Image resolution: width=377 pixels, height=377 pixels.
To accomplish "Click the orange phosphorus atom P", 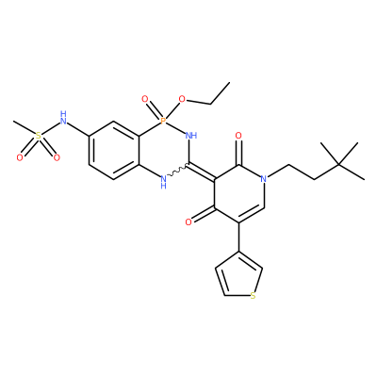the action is pos(163,121).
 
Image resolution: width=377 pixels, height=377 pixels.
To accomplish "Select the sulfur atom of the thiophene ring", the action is pos(253,296).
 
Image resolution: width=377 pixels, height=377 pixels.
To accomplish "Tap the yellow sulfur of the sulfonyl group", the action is pos(39,136).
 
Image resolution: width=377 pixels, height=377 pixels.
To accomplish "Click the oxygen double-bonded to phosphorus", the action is pos(145,100).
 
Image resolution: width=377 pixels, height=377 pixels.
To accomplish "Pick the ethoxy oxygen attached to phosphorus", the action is pos(182,100).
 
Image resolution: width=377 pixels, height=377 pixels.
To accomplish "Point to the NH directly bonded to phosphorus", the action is pos(191,136).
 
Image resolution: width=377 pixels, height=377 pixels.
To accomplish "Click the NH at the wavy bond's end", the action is pos(163,182).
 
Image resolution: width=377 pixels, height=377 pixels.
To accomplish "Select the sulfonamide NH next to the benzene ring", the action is pos(63,118).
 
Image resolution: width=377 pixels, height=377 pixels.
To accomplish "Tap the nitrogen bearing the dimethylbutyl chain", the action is pos(264,179).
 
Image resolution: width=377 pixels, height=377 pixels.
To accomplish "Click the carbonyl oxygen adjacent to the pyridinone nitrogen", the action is pos(238,136).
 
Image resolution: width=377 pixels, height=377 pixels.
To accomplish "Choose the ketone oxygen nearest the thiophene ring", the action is pos(188,222).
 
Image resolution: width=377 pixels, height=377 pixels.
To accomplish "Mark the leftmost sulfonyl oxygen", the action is pos(20,157).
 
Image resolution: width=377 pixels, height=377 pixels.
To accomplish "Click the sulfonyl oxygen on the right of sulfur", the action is pos(57,157).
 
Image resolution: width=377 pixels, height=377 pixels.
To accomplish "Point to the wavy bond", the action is pos(178,170).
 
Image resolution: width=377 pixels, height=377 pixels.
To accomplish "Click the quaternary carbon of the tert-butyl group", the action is pos(339,165).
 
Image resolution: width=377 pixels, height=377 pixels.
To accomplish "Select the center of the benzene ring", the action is pos(114,150).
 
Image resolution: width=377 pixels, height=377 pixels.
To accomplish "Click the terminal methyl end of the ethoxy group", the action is pos(229,83).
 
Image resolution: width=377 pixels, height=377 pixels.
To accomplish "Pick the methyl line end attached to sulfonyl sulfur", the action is pos(14,122).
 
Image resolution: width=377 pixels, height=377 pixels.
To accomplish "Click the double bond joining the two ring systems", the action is pos(202,172).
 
